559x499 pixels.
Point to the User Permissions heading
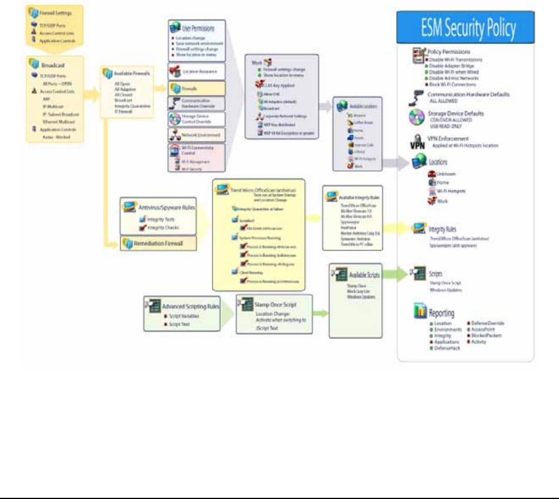coord(196,27)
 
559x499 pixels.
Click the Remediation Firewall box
coord(161,242)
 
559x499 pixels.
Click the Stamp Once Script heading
coord(277,305)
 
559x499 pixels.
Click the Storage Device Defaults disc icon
coord(417,117)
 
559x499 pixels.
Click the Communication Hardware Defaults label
coord(469,94)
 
